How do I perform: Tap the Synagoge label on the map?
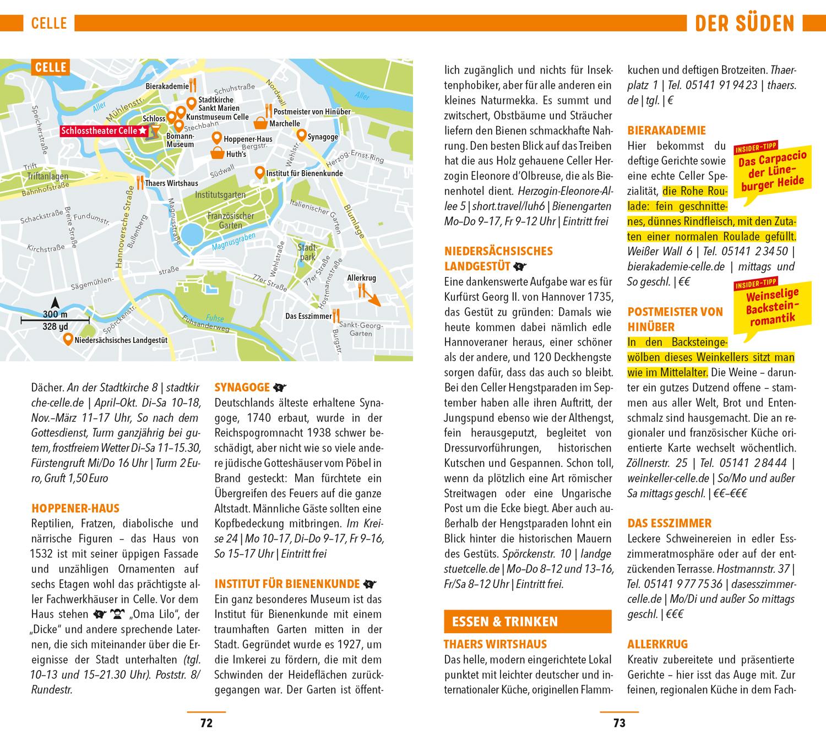[322, 137]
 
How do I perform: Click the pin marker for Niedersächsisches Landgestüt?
[67, 339]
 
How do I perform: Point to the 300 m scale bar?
[55, 319]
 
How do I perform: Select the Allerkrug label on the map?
[361, 278]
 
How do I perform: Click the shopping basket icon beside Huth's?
[218, 154]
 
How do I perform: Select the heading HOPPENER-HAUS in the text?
[75, 508]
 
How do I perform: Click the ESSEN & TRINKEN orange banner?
[527, 621]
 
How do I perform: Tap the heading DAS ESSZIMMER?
[669, 523]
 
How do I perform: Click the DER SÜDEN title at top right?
[745, 24]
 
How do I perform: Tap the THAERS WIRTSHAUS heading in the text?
[495, 644]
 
